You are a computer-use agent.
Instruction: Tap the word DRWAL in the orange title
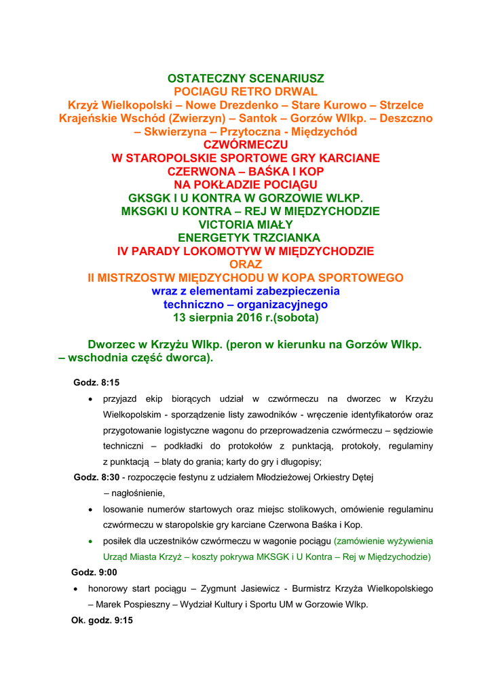click(x=297, y=92)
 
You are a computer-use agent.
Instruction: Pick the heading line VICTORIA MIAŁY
click(x=246, y=225)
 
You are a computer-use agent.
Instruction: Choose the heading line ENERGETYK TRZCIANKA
click(x=246, y=238)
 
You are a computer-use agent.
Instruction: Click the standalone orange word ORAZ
click(x=246, y=264)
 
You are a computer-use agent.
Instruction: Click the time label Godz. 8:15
click(x=96, y=383)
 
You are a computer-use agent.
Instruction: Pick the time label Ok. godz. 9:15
click(x=102, y=620)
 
